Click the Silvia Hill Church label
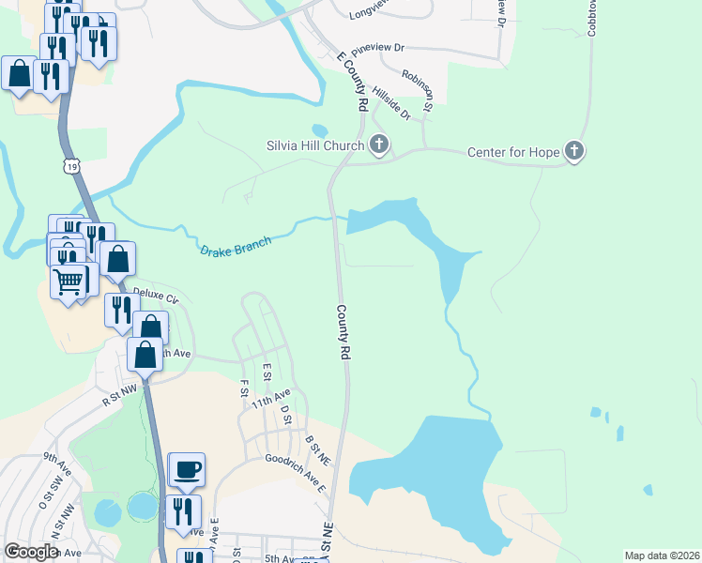pos(314,145)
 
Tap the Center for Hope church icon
pos(574,151)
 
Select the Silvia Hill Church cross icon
pos(379,145)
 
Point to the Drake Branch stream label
pos(236,247)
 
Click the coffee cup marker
pos(186,468)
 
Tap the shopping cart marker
pos(69,280)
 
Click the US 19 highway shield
pos(72,166)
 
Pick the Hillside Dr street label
pos(391,102)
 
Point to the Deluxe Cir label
pos(155,295)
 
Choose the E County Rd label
pos(351,82)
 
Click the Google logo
pos(32,552)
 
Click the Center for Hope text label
pos(513,152)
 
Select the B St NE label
pos(316,450)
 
